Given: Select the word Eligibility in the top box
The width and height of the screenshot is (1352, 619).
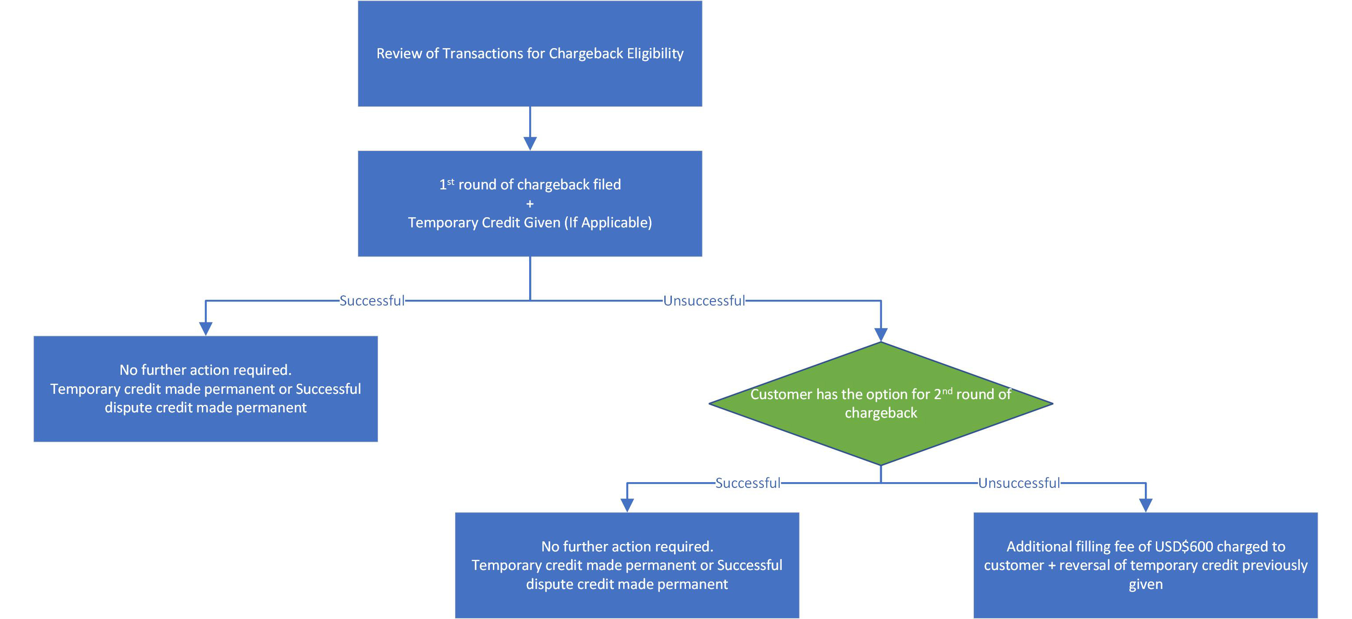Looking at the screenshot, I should [655, 53].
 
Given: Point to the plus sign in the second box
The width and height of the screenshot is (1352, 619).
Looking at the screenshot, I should [530, 204].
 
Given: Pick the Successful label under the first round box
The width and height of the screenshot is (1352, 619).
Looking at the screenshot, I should [371, 301].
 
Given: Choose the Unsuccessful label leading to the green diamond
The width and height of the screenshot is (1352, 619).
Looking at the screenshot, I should [704, 301].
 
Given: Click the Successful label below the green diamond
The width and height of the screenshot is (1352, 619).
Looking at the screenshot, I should [747, 483].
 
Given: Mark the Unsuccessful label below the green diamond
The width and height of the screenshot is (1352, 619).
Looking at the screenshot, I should [1019, 483].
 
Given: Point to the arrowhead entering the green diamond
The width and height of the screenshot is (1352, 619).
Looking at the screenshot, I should [881, 334].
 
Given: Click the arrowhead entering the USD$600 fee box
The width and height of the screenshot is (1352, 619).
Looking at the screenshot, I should [1145, 505].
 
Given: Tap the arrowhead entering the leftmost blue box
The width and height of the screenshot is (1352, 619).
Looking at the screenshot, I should [206, 328].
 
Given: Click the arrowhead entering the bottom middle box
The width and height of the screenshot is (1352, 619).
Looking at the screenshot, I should [627, 505].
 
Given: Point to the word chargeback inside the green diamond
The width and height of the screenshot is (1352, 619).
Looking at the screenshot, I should [881, 413].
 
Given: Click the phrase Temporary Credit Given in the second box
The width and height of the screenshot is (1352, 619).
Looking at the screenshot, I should [484, 223].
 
